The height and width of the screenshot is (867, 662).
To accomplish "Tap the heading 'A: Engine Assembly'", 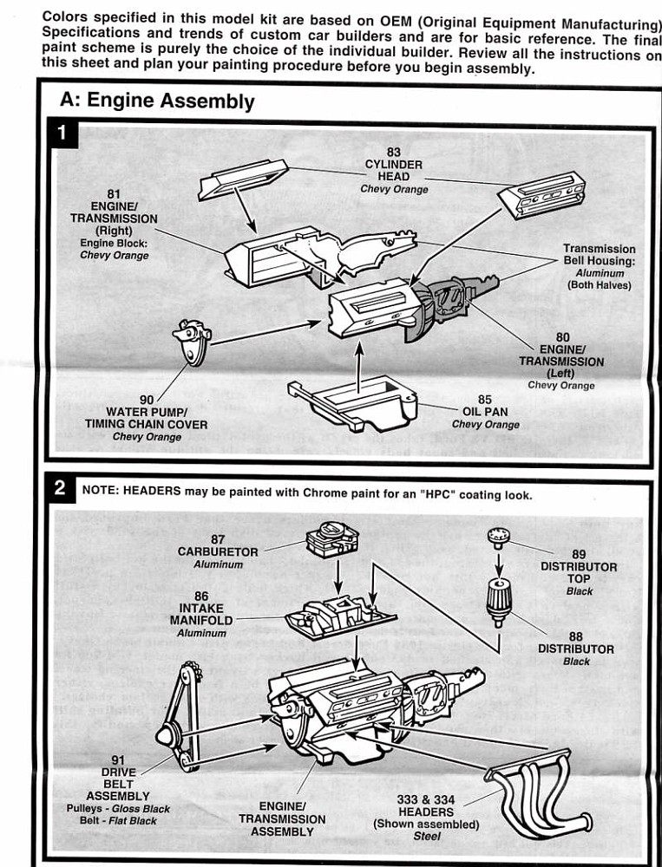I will pos(157,101).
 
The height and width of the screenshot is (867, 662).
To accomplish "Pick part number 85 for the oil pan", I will pos(485,400).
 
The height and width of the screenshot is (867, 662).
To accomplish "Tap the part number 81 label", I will pos(114,193).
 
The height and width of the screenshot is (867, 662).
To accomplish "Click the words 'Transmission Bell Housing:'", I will pos(600,255).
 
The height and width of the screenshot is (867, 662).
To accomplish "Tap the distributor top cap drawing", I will pos(498,538).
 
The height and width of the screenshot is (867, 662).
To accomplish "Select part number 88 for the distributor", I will pos(576,636).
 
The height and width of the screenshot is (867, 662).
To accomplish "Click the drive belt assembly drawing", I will pos(179,719).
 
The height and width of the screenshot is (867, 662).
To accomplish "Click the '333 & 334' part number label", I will pos(426,799).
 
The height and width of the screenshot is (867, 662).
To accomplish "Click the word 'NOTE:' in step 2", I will pos(101,491).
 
